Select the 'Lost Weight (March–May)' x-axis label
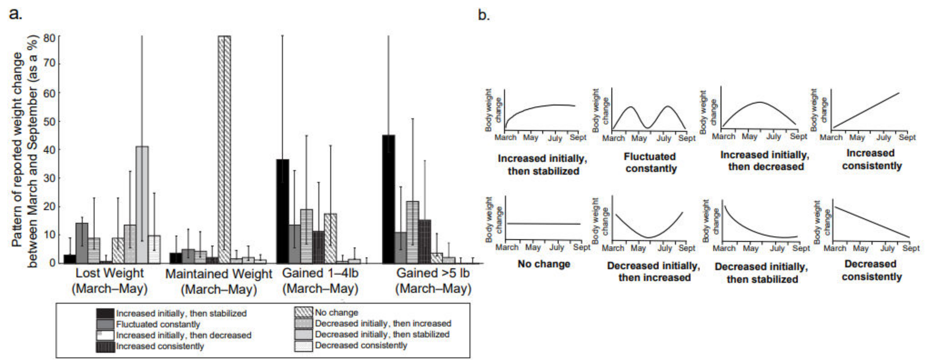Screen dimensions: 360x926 coord(110,281)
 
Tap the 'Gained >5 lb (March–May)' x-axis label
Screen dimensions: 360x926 coord(433,281)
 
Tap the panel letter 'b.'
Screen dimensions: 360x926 coord(484,15)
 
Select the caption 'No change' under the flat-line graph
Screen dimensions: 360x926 coord(544,264)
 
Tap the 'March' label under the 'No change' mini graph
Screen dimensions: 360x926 coord(507,247)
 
